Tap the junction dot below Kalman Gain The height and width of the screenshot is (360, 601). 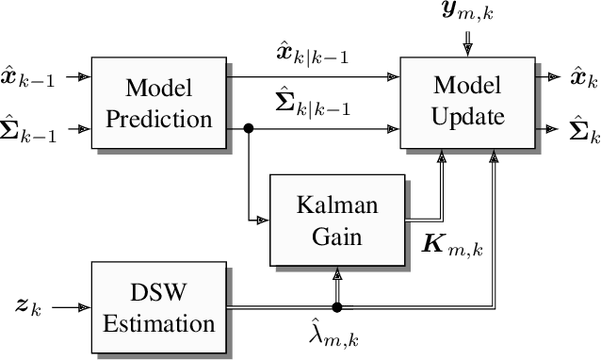(336, 307)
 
